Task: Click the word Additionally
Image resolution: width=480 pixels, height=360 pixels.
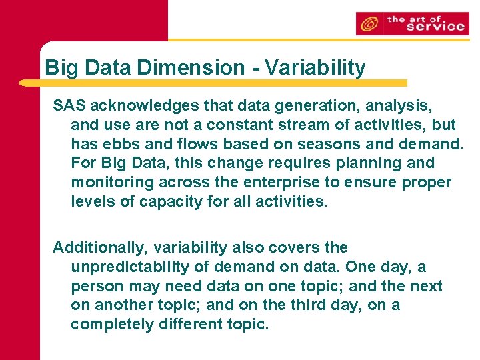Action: coord(100,247)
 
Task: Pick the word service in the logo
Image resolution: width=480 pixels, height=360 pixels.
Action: coord(435,26)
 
